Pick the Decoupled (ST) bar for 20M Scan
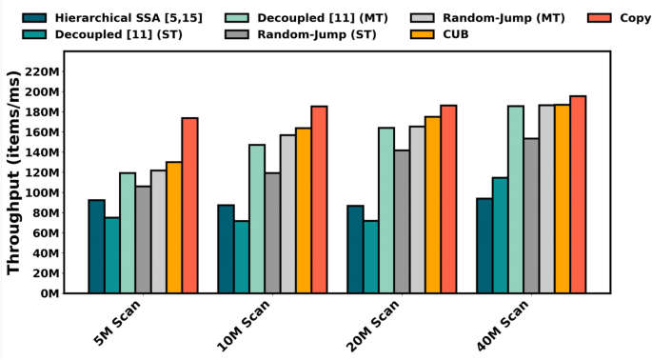[x=370, y=257]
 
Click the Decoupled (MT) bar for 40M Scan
[x=515, y=199]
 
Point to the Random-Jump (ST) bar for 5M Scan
[x=143, y=239]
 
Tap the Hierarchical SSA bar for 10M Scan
[x=226, y=249]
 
